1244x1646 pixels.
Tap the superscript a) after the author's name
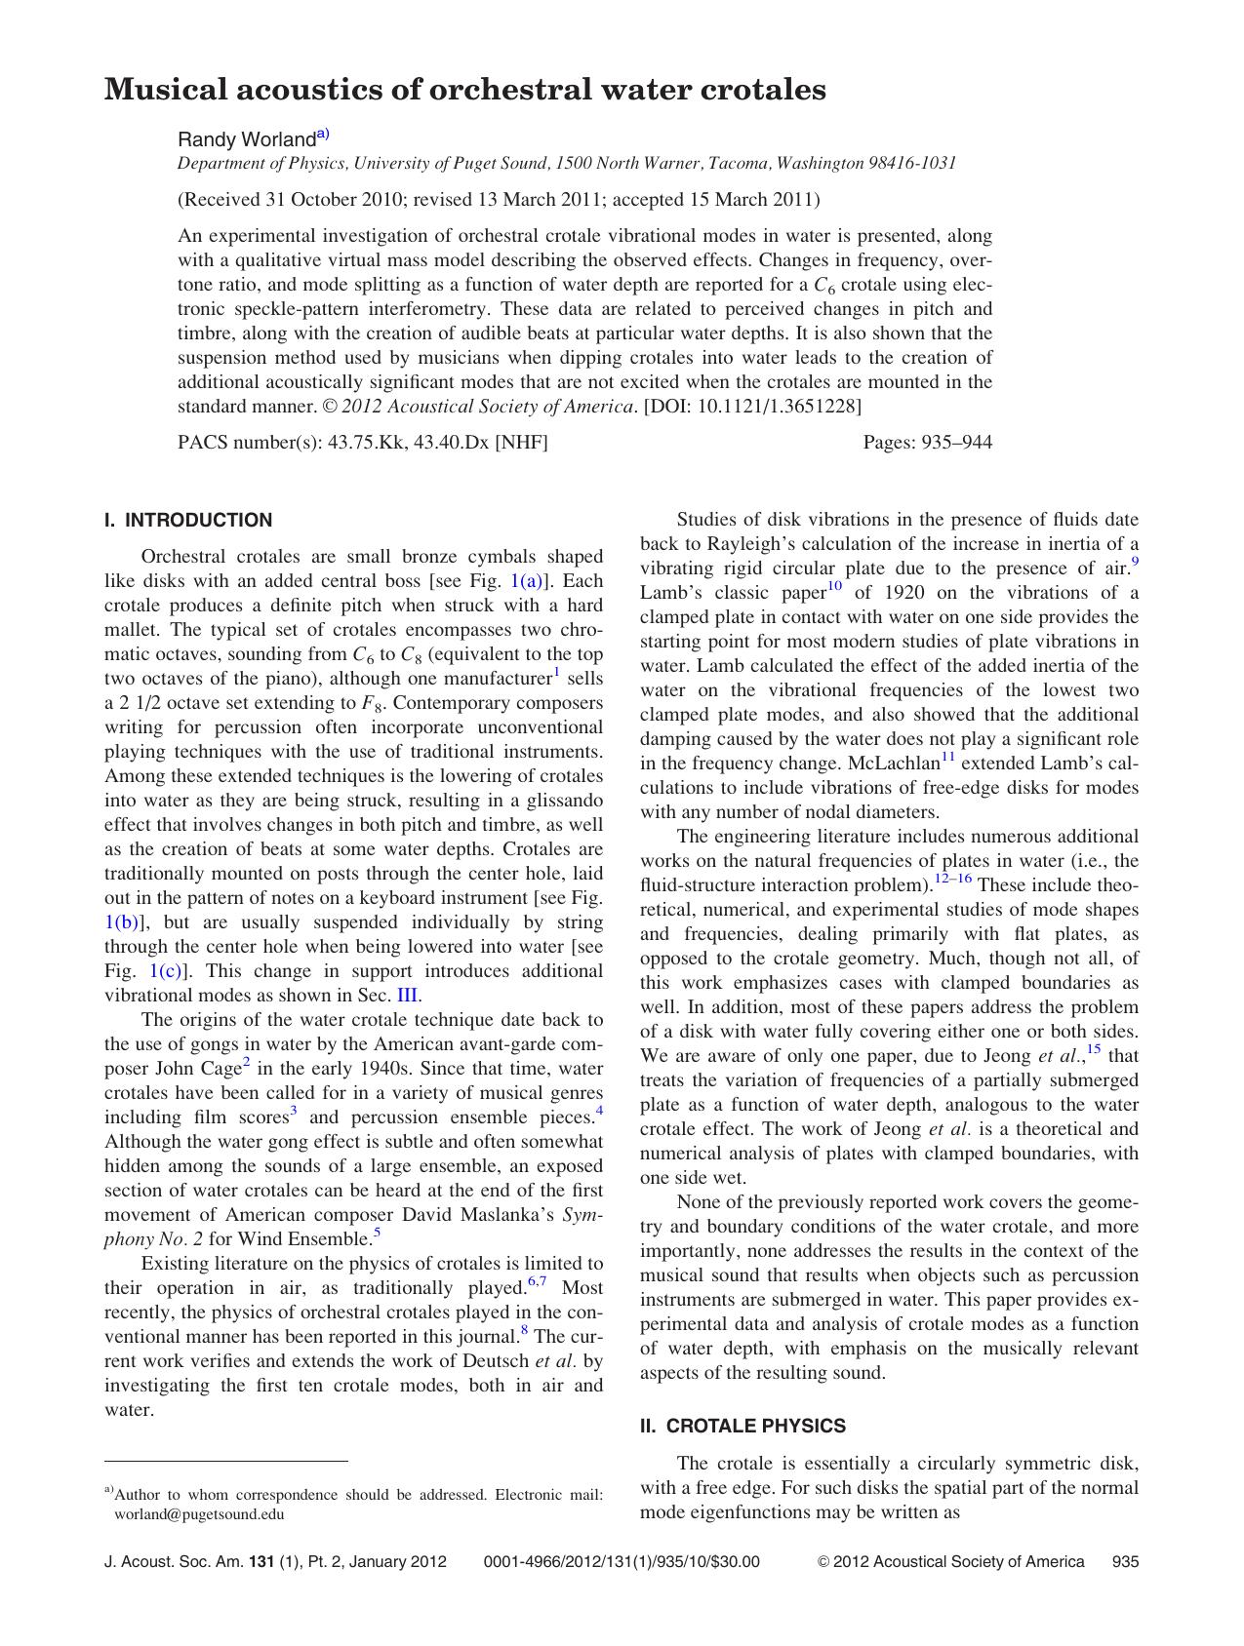323,135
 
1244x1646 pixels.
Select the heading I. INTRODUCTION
188,520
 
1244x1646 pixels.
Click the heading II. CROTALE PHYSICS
742,1426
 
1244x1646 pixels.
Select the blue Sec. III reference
407,996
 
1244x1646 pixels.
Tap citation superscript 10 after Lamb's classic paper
834,586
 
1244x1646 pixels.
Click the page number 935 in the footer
1125,1561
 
